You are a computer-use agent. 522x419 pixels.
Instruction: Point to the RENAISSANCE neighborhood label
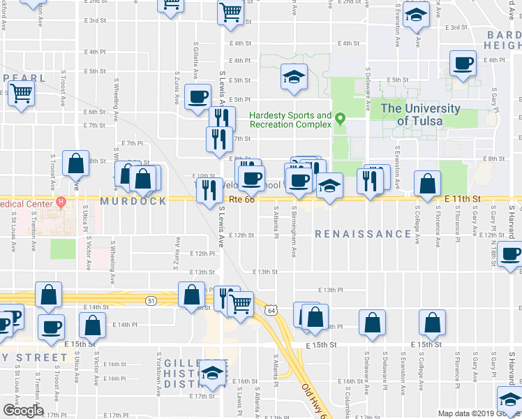[362, 234]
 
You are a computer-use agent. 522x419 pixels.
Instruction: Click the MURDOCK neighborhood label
[133, 201]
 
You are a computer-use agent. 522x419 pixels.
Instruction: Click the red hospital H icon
[61, 203]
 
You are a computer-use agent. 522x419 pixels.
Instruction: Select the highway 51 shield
[151, 300]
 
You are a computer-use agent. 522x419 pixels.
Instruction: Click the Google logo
[23, 411]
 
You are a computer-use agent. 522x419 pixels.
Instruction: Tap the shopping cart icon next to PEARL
[22, 93]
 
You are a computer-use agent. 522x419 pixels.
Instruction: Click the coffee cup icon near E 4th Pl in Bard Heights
[463, 64]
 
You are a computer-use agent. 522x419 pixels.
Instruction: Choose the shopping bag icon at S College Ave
[426, 184]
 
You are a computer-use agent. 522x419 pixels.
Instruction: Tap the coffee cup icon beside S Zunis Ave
[198, 96]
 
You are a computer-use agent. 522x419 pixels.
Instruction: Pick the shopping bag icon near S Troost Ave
[75, 164]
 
